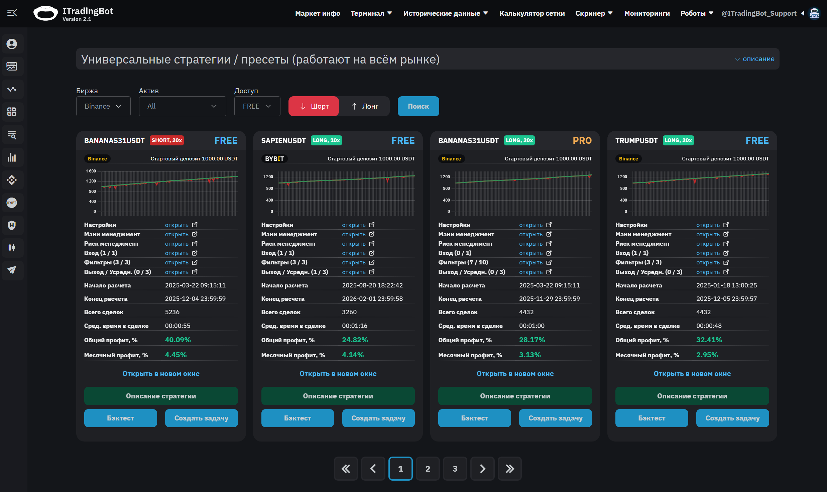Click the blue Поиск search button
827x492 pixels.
click(x=418, y=106)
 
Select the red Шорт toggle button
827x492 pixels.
click(x=314, y=106)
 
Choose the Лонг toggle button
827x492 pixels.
click(x=365, y=106)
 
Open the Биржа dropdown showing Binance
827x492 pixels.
click(x=103, y=106)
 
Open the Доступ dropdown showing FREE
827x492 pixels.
click(x=257, y=106)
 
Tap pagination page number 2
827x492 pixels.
click(x=428, y=469)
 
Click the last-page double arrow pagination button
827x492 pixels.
click(x=509, y=469)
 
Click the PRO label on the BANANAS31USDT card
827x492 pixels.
click(x=582, y=141)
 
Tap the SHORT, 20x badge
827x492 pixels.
click(x=167, y=140)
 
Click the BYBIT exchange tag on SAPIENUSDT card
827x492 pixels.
click(x=274, y=159)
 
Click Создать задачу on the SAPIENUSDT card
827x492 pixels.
click(x=378, y=418)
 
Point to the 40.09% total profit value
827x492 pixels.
click(x=178, y=340)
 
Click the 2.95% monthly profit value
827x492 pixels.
click(x=707, y=355)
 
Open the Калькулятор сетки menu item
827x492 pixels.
click(x=532, y=13)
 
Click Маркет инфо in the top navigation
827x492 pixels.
click(x=318, y=13)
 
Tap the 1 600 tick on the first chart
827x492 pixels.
click(x=91, y=171)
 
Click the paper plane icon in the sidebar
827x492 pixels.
click(x=12, y=270)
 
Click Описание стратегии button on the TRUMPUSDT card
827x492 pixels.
click(x=692, y=396)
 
